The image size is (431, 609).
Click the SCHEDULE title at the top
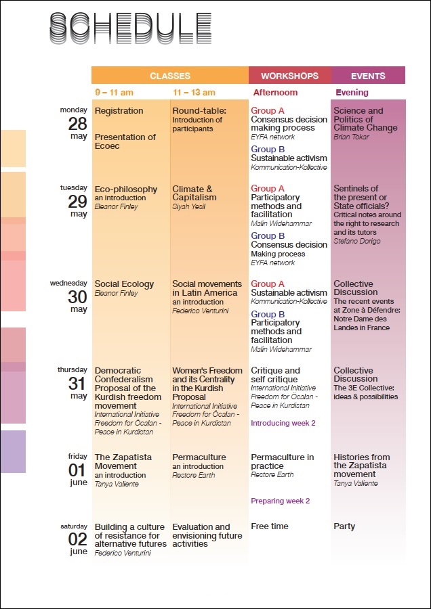131,28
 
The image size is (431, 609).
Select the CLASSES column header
170,76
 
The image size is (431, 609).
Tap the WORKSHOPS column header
290,76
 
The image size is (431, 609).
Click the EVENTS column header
368,76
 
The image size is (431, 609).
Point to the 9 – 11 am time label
115,93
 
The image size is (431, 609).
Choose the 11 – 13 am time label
194,93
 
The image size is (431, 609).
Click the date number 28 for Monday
77,124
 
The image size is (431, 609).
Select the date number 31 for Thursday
77,384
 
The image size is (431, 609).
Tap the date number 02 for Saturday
77,539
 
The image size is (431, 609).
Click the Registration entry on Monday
119,111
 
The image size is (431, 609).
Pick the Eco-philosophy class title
126,189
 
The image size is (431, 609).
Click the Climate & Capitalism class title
195,194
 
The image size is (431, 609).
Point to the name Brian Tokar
351,137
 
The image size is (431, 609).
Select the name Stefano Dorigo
357,241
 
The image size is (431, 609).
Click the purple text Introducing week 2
283,423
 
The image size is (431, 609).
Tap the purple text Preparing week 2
281,501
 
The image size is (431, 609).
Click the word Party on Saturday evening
344,526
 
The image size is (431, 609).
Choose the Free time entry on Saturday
270,526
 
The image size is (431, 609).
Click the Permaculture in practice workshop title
283,461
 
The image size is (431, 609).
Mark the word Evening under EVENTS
352,93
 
